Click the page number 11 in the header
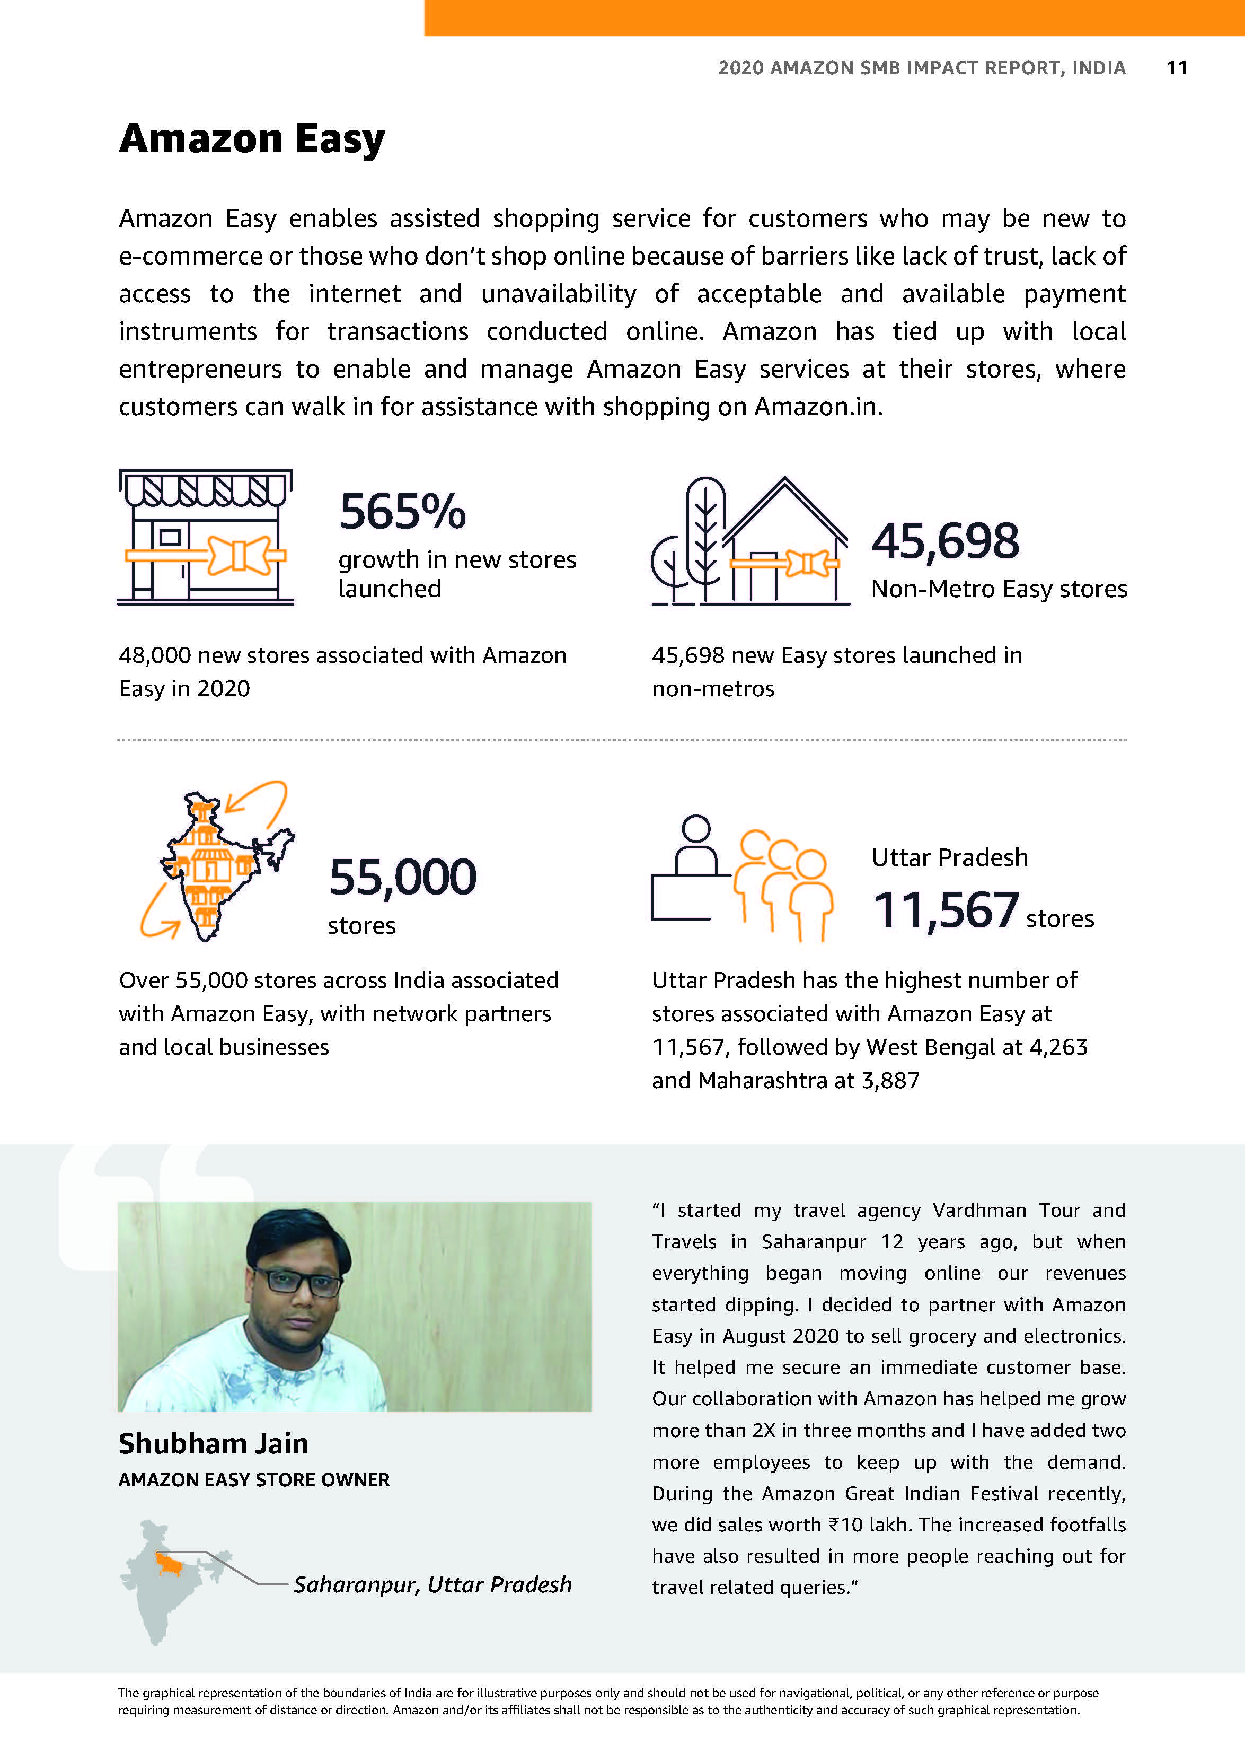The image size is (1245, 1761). pos(1176,68)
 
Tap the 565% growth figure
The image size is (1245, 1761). pos(402,512)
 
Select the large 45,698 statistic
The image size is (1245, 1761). pos(944,541)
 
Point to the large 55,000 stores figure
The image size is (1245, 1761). pos(402,877)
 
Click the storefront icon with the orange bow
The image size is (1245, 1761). pos(206,537)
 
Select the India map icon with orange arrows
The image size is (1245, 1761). pos(217,861)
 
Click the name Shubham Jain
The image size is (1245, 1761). pos(213,1443)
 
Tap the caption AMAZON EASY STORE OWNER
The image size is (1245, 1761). pos(254,1479)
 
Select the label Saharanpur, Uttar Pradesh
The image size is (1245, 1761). pos(432,1584)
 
